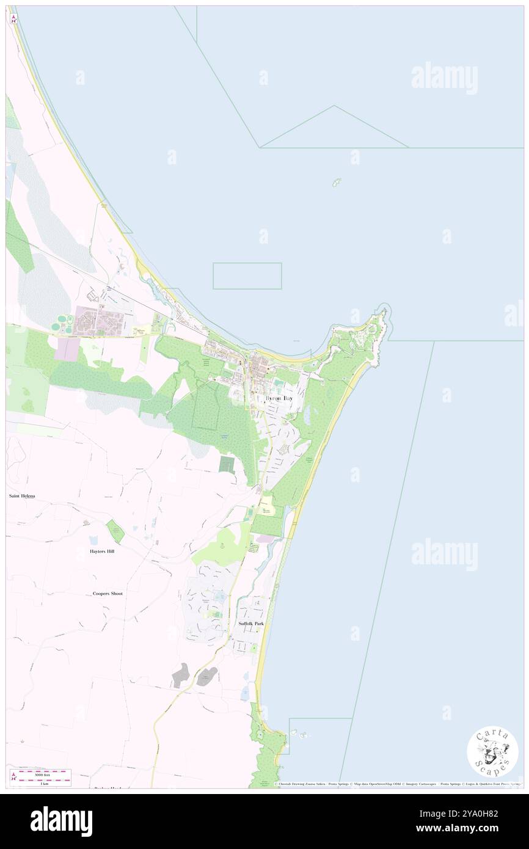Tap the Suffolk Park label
(251, 624)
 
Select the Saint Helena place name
(22, 495)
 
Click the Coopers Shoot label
(108, 593)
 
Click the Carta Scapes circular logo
(492, 752)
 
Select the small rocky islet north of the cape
(336, 183)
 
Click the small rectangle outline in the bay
(247, 275)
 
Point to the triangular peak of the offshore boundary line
(334, 106)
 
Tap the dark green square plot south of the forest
(227, 465)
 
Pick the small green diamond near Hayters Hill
(115, 531)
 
